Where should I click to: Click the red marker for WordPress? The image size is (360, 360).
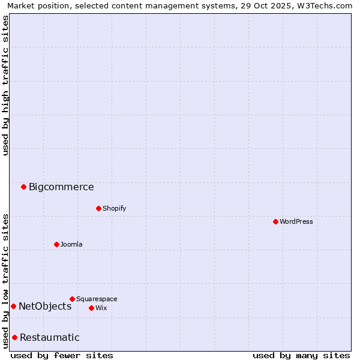coord(275,222)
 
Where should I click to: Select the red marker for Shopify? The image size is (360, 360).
coord(98,209)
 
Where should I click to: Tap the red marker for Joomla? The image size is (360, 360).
coord(56,244)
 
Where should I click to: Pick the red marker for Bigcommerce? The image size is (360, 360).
coord(23,187)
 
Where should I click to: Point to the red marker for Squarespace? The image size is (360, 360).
coord(72,299)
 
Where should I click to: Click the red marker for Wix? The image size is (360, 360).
coord(91,308)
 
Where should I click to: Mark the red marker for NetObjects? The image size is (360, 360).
coord(13,307)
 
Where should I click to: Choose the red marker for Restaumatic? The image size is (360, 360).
coord(14,337)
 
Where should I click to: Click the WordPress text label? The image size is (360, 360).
coord(296,222)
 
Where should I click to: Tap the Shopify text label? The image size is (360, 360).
coord(115,209)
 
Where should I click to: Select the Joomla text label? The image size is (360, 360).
coord(71,245)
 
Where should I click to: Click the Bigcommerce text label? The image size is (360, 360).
coord(61,187)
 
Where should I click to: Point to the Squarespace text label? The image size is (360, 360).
coord(97,299)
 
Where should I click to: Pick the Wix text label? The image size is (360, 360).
coord(101,308)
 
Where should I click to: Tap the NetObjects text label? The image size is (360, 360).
coord(45,307)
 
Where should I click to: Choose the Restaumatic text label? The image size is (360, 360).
coord(49,338)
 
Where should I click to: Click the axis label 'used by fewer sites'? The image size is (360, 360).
coord(62,355)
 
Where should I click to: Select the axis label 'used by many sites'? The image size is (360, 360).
coord(301,355)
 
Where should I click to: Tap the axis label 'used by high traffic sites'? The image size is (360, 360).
coord(5,85)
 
